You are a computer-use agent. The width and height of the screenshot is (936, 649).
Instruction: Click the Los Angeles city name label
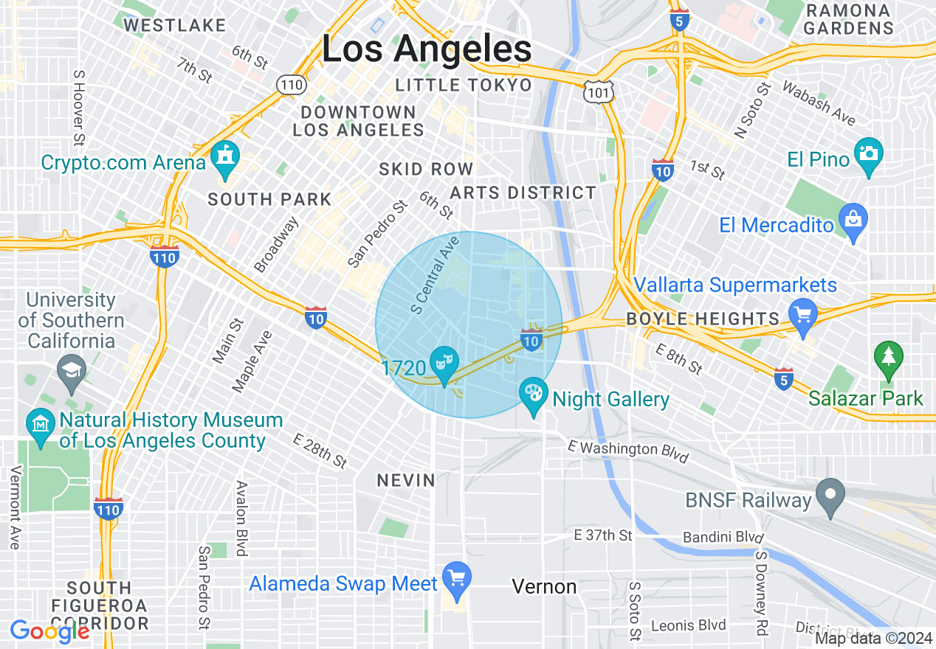click(427, 49)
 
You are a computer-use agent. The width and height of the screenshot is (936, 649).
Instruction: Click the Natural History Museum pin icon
click(41, 426)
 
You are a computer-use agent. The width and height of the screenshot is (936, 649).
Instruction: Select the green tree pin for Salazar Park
click(888, 358)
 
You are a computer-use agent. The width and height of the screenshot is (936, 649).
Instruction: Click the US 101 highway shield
click(595, 92)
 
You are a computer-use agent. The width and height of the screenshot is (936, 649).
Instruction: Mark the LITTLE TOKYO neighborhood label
click(464, 85)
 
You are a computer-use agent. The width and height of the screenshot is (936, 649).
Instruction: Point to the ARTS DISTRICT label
click(523, 193)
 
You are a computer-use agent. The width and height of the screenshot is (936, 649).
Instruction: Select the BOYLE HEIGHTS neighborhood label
click(702, 319)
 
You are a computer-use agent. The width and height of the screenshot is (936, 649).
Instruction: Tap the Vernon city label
click(544, 586)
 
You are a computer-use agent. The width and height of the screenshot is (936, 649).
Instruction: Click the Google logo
click(49, 631)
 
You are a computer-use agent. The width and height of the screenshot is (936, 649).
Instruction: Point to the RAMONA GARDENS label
click(848, 20)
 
